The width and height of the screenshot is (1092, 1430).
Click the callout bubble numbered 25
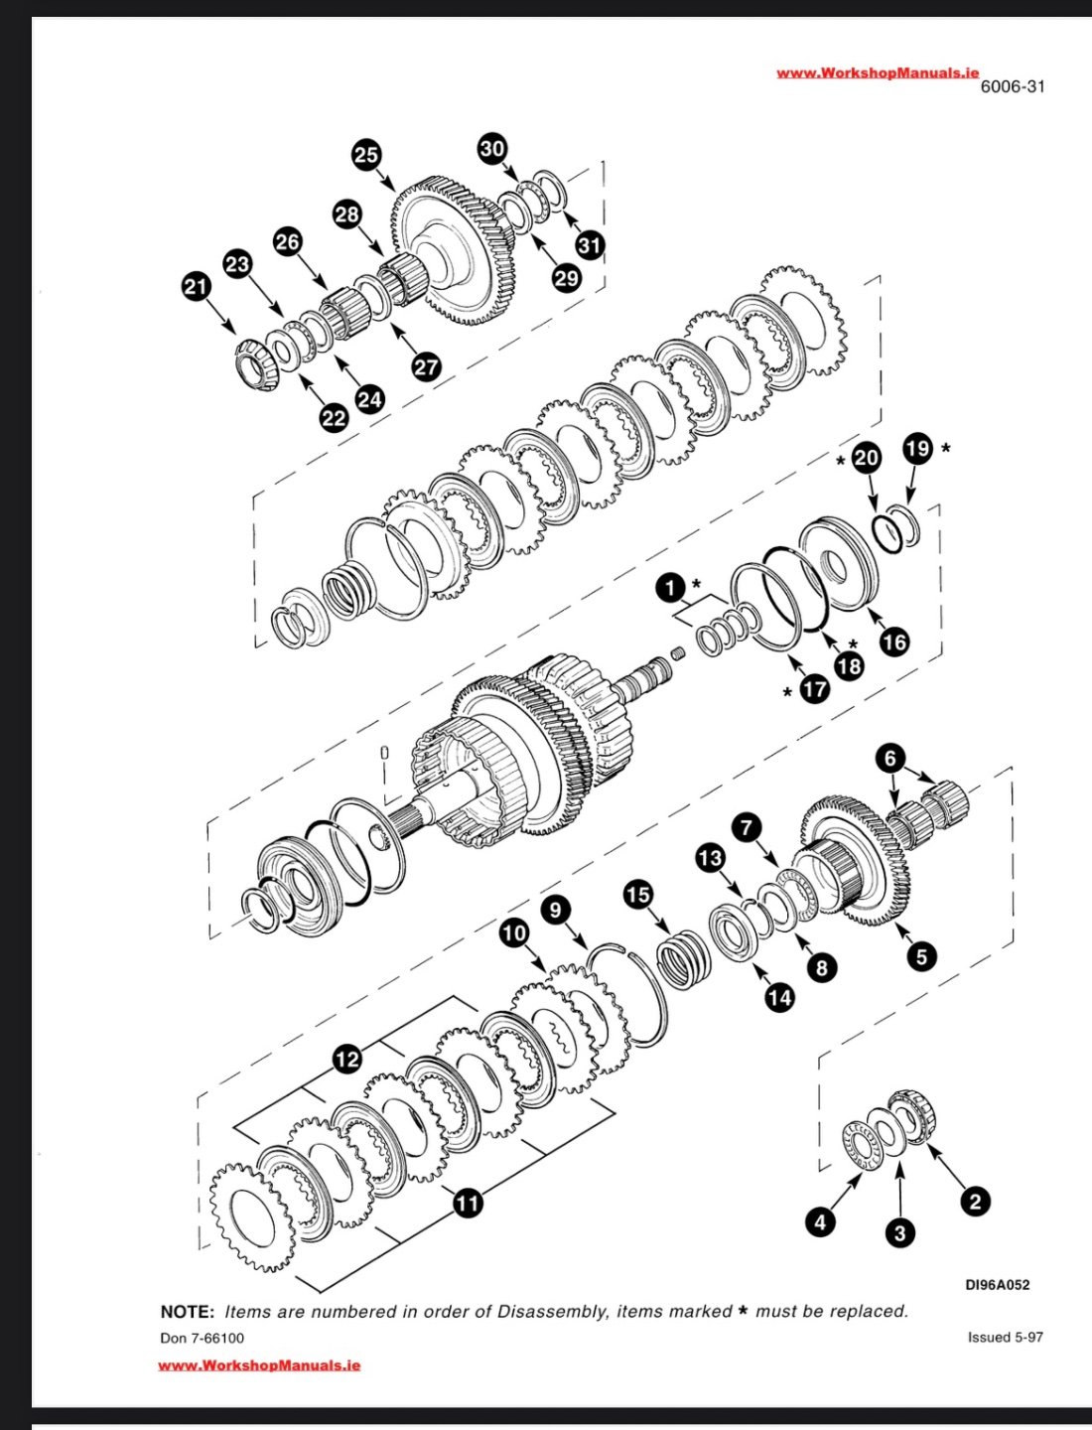point(366,154)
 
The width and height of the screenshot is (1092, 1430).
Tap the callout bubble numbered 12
point(347,1060)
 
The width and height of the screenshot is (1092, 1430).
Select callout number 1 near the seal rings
point(671,588)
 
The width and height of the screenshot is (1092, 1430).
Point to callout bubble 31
point(591,244)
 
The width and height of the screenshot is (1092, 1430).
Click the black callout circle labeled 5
point(921,956)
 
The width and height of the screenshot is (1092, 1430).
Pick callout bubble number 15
point(637,895)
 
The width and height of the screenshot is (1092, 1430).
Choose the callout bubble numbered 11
point(468,1203)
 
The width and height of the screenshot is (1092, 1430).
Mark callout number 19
point(918,449)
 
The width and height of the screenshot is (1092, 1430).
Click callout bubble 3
point(899,1233)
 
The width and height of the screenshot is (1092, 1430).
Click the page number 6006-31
point(1013,86)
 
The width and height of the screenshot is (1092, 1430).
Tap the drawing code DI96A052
point(998,1284)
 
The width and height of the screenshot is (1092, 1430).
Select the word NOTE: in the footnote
point(187,1312)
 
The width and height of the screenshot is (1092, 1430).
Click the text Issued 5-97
point(1005,1337)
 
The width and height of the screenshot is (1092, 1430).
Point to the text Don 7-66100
point(202,1338)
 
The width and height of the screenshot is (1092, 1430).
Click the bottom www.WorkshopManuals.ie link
point(259,1365)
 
